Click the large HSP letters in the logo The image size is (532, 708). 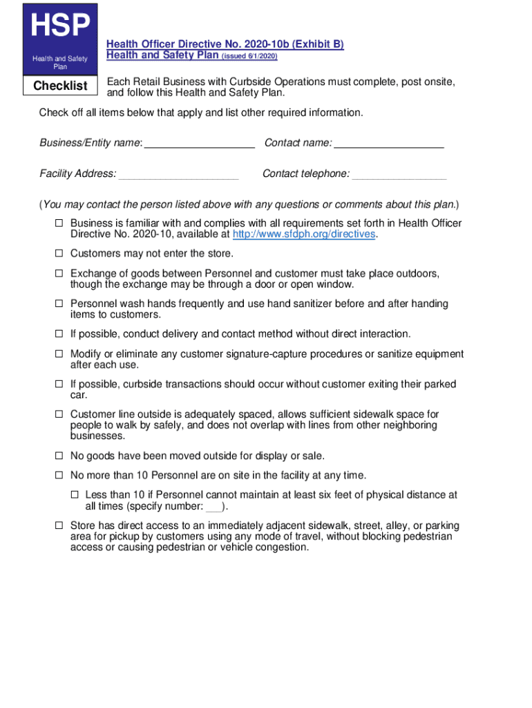pyautogui.click(x=60, y=27)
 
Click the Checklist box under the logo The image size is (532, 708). pyautogui.click(x=61, y=86)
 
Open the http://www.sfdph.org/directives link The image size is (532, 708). pyautogui.click(x=305, y=234)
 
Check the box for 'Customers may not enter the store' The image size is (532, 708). pyautogui.click(x=59, y=254)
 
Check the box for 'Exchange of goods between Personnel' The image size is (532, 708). pyautogui.click(x=59, y=274)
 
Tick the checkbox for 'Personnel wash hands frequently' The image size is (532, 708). pyautogui.click(x=59, y=304)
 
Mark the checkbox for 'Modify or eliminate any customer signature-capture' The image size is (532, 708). pyautogui.click(x=59, y=354)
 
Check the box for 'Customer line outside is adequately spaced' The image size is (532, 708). pyautogui.click(x=59, y=415)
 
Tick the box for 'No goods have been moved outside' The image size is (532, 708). pyautogui.click(x=59, y=456)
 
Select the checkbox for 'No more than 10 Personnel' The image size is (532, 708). pyautogui.click(x=59, y=476)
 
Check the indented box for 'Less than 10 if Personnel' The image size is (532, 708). pyautogui.click(x=75, y=496)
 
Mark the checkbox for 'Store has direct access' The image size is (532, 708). pyautogui.click(x=59, y=526)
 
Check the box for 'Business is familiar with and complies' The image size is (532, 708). pyautogui.click(x=59, y=223)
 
